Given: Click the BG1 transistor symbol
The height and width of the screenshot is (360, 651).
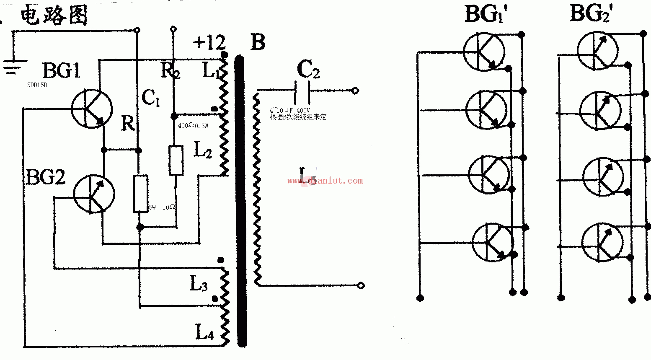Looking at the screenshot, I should pos(92,108).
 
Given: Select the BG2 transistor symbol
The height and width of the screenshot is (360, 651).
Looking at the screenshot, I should pos(94,194).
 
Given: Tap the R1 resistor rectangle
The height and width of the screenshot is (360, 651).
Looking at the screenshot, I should pos(140,194).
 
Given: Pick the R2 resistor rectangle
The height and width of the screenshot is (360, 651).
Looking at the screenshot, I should pos(176,160).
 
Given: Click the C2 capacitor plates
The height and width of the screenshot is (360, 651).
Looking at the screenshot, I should pos(302,91).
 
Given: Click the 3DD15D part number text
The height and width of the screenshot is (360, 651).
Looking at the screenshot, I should pos(37,85).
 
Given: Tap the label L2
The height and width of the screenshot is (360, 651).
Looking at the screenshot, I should pos(203,150).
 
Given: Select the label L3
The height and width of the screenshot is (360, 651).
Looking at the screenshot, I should pos(199,284).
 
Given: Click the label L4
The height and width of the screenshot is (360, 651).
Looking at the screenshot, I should pos(204,332).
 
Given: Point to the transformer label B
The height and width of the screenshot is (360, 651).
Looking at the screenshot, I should pos(258,42).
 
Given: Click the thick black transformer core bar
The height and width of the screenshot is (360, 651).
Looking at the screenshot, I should pos(241,201).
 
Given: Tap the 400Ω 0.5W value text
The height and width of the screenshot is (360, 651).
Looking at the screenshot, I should pos(193,125).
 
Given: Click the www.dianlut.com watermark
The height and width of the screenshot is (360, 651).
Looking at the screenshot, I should pos(325,181).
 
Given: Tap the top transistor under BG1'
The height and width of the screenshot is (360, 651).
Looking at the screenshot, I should pos(484,52).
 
